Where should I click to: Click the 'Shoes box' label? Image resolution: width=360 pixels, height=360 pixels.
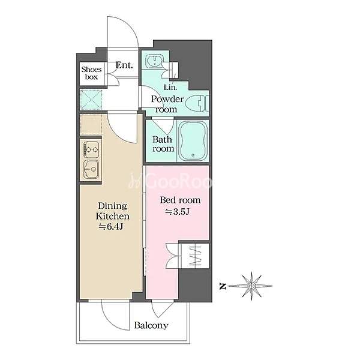pyautogui.click(x=91, y=73)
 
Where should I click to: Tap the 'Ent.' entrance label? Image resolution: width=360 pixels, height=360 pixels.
pyautogui.click(x=124, y=65)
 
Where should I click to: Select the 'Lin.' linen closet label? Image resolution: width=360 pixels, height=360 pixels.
pyautogui.click(x=170, y=87)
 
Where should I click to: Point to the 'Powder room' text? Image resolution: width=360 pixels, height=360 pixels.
pyautogui.click(x=167, y=104)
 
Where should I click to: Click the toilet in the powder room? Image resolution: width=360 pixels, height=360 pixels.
pyautogui.click(x=197, y=103)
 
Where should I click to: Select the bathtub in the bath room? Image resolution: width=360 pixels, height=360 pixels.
pyautogui.click(x=193, y=140)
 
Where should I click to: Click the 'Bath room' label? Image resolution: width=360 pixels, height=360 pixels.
pyautogui.click(x=163, y=144)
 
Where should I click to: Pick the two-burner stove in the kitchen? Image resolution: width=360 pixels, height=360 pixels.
pyautogui.click(x=92, y=149)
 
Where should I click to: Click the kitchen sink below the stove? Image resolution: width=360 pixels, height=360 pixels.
pyautogui.click(x=91, y=169)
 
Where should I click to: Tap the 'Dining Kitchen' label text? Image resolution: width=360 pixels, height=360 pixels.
pyautogui.click(x=113, y=211)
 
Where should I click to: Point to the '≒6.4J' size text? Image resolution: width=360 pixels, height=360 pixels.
pyautogui.click(x=111, y=227)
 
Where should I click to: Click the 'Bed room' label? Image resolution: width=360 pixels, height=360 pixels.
pyautogui.click(x=180, y=200)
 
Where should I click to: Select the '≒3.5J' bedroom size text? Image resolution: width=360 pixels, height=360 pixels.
pyautogui.click(x=177, y=212)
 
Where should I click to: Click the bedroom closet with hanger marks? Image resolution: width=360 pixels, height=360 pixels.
pyautogui.click(x=194, y=256)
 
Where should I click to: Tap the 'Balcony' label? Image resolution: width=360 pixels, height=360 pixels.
pyautogui.click(x=151, y=326)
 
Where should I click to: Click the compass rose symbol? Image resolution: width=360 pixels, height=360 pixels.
pyautogui.click(x=251, y=286)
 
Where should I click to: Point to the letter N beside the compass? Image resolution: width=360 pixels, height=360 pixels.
pyautogui.click(x=223, y=286)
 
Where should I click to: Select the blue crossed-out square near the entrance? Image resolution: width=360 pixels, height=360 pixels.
pyautogui.click(x=91, y=100)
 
